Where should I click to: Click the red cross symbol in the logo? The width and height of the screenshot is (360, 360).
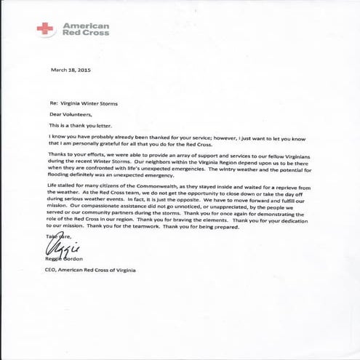pos(44,28)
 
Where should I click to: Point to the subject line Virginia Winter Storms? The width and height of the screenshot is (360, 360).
pos(89,103)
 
